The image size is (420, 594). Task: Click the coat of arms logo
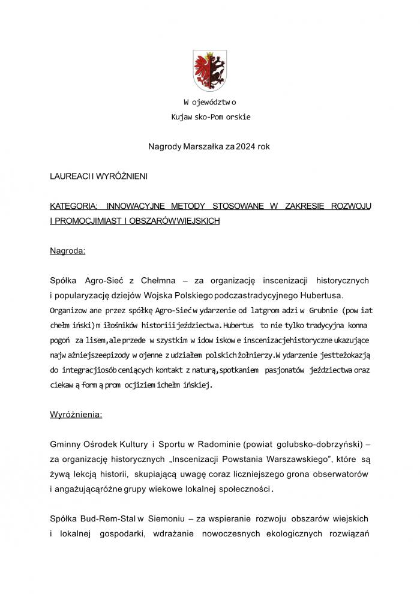point(209,70)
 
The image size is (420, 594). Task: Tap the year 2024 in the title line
point(247,146)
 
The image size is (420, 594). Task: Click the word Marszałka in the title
point(202,146)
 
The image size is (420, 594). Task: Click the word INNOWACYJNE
point(138,206)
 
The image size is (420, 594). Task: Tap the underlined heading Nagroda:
point(67,251)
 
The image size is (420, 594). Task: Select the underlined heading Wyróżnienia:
point(76,413)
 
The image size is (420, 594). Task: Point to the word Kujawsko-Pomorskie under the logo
point(209,116)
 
